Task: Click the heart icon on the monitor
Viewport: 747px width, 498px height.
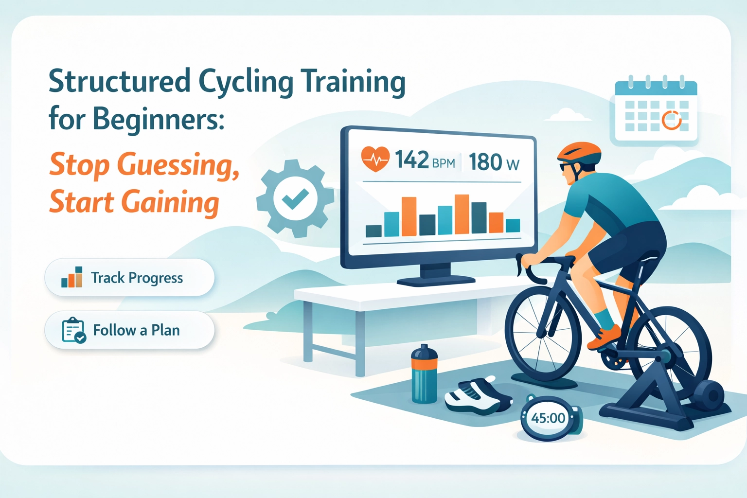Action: (x=375, y=159)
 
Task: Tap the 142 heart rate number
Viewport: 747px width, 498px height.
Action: (x=412, y=160)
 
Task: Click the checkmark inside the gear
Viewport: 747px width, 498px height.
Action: (x=295, y=198)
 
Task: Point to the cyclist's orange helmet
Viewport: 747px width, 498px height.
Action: (x=579, y=152)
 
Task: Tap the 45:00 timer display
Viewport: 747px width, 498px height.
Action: (x=548, y=418)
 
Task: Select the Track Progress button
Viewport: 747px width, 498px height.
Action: (x=129, y=278)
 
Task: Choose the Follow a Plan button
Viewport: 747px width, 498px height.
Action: (x=129, y=330)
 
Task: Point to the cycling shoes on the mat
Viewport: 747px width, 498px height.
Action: (x=478, y=396)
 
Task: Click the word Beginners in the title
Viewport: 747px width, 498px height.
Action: (x=158, y=118)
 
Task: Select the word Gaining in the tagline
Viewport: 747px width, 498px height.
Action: (x=170, y=202)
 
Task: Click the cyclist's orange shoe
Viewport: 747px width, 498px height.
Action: (x=605, y=337)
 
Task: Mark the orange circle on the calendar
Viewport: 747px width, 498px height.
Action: (x=672, y=120)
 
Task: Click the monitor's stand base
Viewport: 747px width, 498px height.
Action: (x=436, y=281)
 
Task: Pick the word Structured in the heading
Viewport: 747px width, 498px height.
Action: (x=120, y=81)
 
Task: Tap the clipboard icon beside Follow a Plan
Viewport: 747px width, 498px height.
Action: (x=73, y=331)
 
